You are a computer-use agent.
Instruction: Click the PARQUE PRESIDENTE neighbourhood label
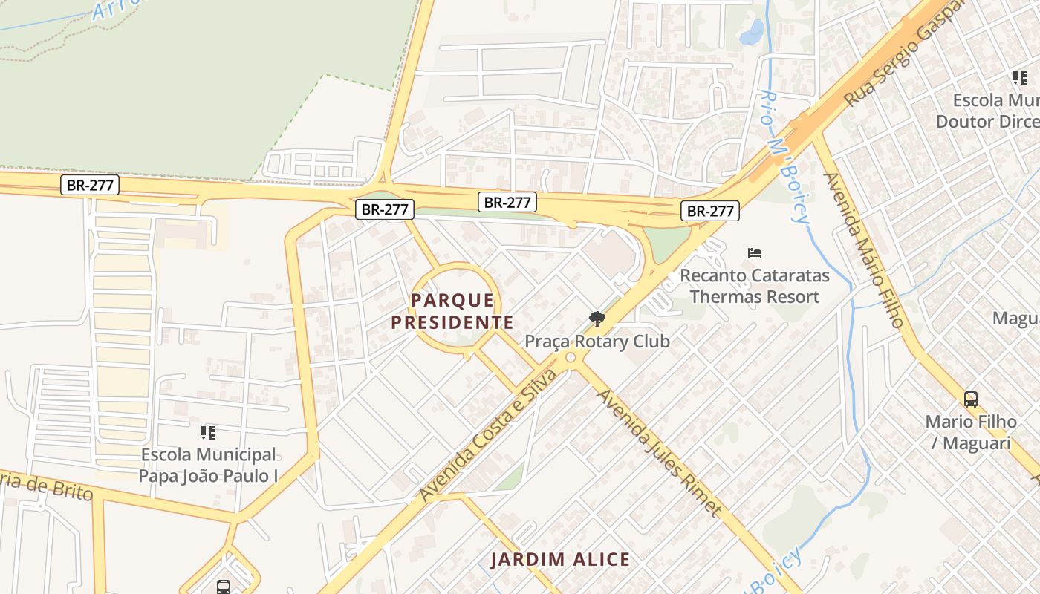point(452,311)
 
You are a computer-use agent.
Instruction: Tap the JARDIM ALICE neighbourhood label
point(561,560)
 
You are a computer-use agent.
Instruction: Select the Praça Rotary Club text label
point(597,342)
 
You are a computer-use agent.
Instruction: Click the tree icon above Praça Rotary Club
point(596,319)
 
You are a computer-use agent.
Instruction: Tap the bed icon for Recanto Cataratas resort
point(755,253)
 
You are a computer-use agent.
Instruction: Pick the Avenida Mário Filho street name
point(864,250)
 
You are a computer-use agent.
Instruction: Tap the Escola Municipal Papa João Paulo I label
point(209,465)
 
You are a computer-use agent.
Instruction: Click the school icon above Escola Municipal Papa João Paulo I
point(208,432)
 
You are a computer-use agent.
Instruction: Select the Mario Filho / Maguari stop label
point(970,432)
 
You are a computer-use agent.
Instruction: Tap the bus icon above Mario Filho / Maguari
point(971,399)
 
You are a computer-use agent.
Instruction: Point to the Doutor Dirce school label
point(987,111)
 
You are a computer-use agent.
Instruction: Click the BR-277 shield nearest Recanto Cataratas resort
point(710,211)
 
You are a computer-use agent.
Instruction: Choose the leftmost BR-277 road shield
point(90,185)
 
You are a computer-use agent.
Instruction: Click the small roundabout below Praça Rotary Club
point(571,359)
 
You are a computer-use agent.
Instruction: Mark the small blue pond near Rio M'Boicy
point(753,32)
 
